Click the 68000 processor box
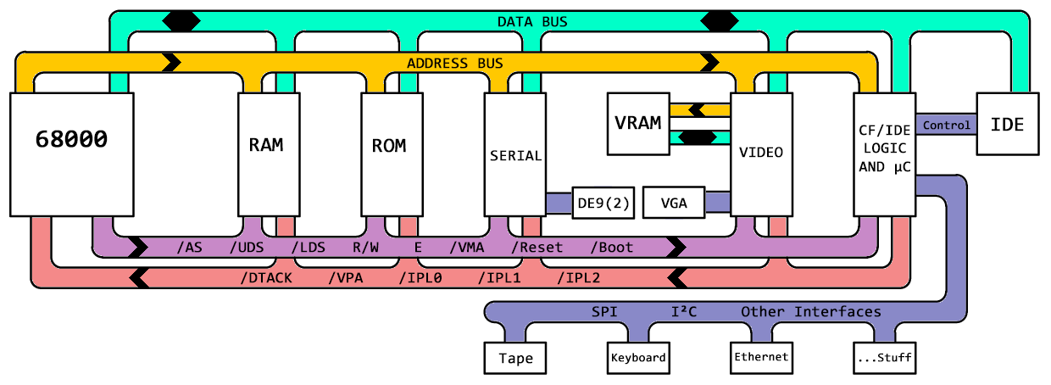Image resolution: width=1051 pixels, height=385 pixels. point(71,153)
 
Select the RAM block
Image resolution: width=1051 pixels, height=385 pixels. point(265,153)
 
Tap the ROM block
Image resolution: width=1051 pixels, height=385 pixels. point(389,153)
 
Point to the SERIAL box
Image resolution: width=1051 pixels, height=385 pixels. point(514,153)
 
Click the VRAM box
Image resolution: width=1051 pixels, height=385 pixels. point(637,124)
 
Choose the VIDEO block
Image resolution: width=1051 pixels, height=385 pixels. point(761,153)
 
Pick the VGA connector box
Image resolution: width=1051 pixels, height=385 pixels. point(674,203)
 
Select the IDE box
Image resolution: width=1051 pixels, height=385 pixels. point(1007,124)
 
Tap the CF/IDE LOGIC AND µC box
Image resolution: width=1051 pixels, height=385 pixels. point(884,153)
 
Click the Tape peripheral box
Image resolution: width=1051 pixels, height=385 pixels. point(515,358)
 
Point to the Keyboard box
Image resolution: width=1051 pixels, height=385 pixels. point(638,358)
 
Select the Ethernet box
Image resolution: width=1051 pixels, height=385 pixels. point(761,358)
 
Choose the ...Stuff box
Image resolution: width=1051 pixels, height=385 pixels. point(884,358)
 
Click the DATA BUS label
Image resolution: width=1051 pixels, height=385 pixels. point(531,21)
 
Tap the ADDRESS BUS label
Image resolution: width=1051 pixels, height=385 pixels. point(454,63)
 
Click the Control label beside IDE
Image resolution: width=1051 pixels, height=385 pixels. point(946,126)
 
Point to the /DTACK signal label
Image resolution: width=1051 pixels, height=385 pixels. point(265,277)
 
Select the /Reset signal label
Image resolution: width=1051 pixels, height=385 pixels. point(537,248)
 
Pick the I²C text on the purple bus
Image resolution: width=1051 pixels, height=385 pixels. point(683,312)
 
